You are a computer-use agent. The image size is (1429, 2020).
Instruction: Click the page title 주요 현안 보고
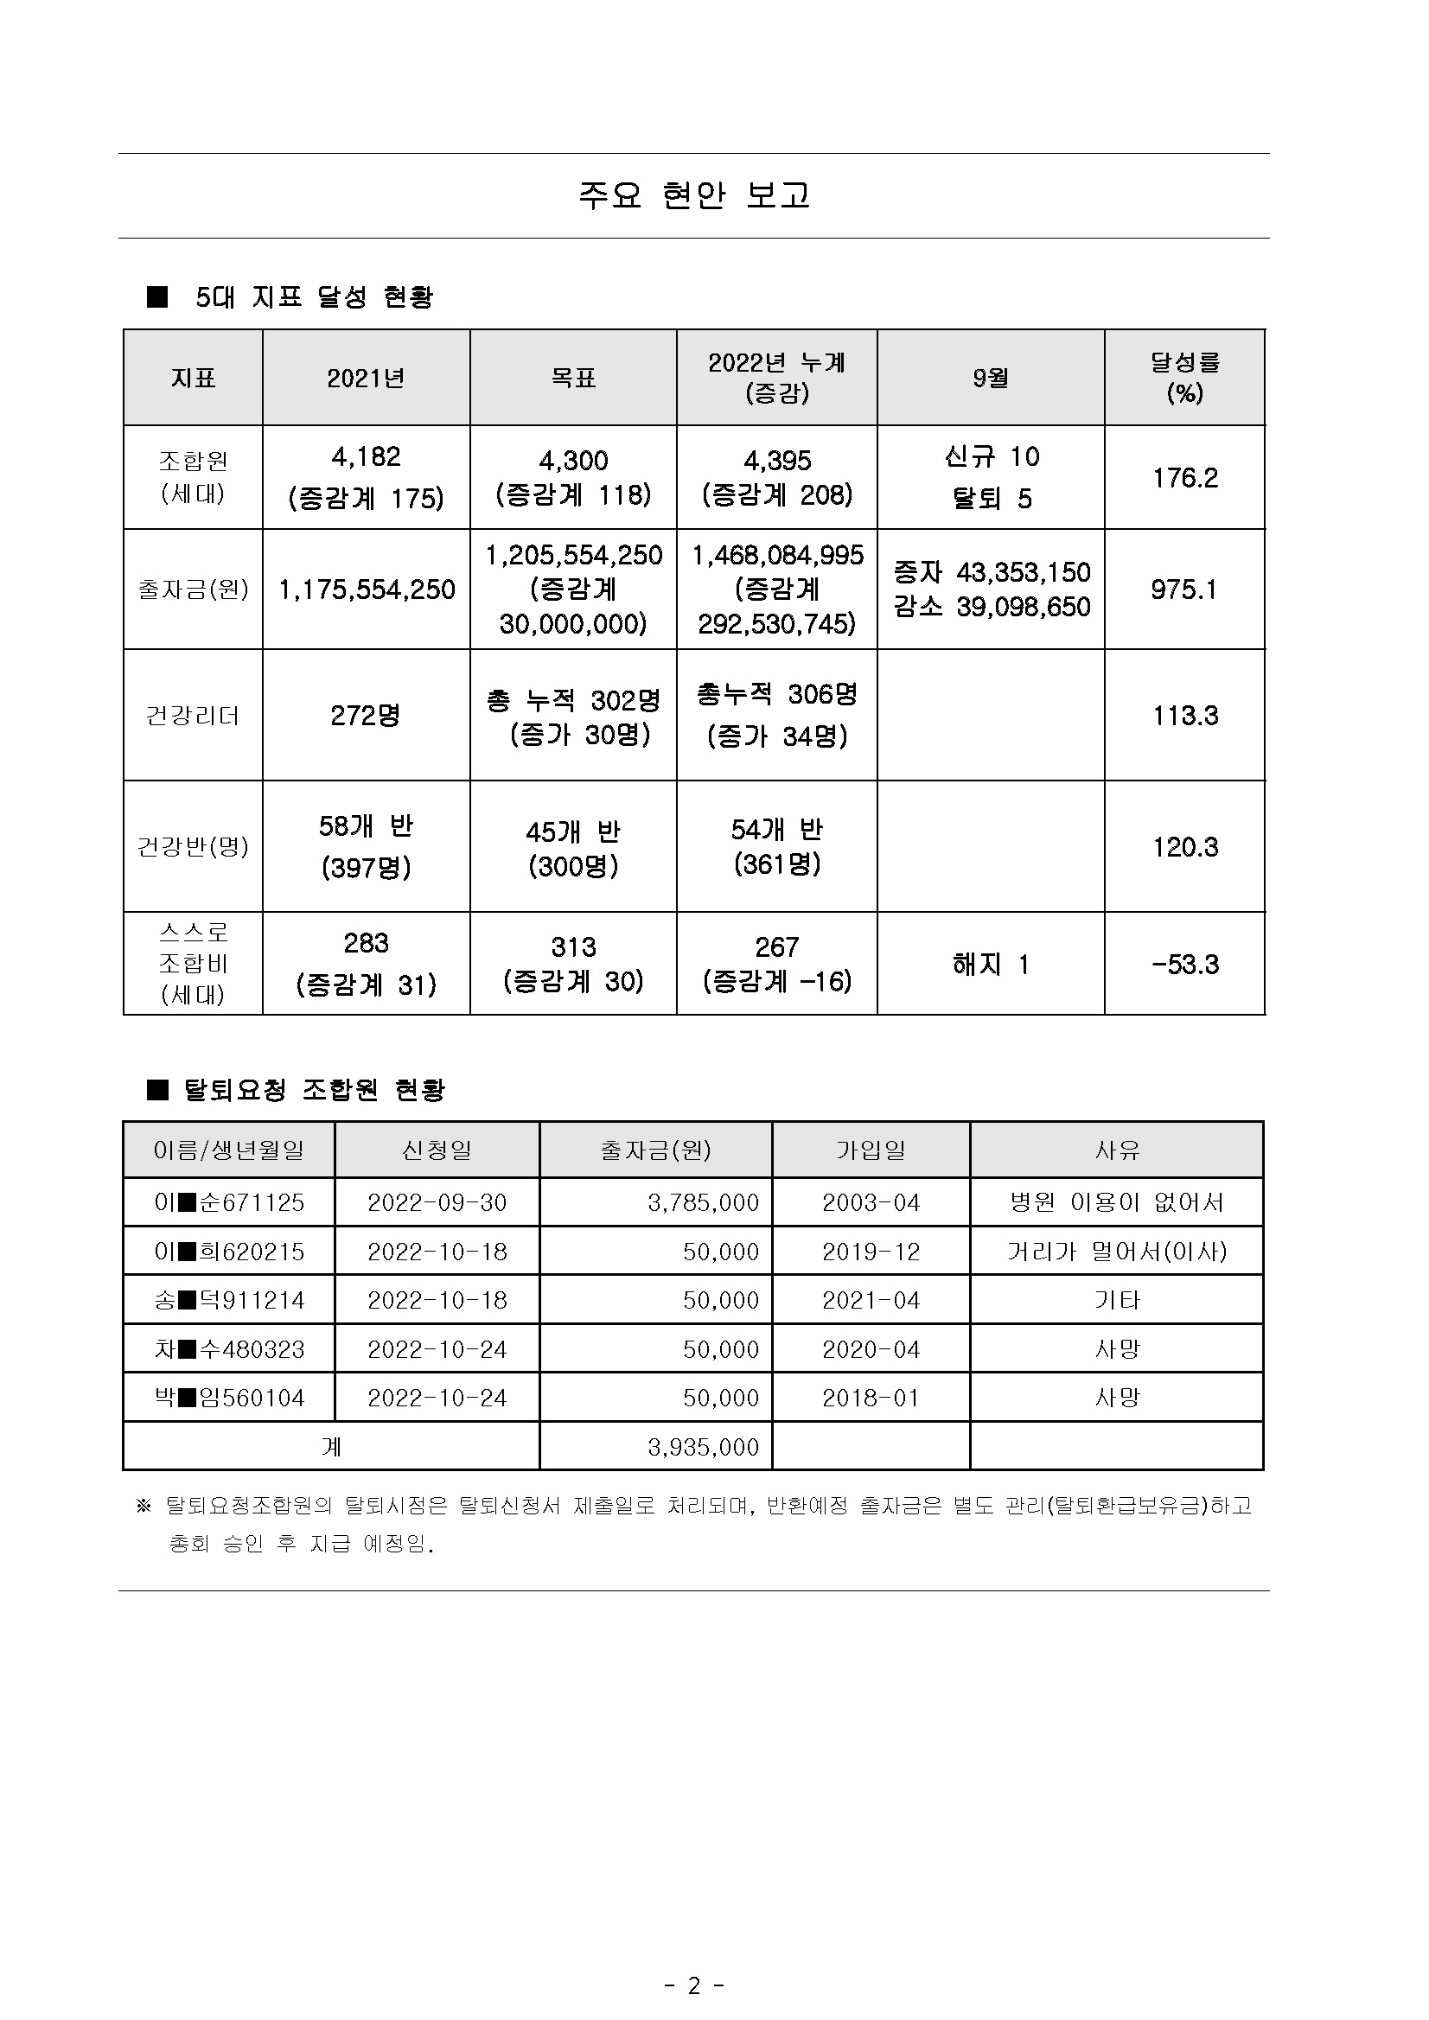coord(693,195)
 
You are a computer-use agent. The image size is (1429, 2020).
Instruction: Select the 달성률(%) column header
coord(1184,378)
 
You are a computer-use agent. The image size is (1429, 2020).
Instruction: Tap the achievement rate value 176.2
coord(1184,478)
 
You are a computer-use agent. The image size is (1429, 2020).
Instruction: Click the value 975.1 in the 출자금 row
coord(1183,589)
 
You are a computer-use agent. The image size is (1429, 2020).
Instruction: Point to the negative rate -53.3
coord(1184,965)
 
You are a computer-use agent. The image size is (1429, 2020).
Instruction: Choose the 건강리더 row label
coord(193,716)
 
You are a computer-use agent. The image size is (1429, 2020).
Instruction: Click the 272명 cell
coord(365,716)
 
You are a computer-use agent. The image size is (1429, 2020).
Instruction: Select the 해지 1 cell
coord(990,965)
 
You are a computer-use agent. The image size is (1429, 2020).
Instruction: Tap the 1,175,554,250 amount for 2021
coord(366,589)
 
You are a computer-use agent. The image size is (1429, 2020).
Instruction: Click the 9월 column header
coord(990,378)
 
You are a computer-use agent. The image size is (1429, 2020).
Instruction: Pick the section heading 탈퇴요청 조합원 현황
coord(313,1090)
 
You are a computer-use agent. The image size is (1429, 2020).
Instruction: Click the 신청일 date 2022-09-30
coord(437,1202)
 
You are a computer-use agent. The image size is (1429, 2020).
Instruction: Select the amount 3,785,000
coord(702,1202)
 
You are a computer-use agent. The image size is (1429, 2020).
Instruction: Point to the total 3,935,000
coord(702,1447)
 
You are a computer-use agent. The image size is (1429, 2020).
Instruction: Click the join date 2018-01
coord(871,1398)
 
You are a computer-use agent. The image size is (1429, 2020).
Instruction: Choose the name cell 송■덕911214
coord(229,1300)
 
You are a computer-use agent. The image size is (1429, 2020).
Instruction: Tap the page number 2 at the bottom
coord(693,1961)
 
